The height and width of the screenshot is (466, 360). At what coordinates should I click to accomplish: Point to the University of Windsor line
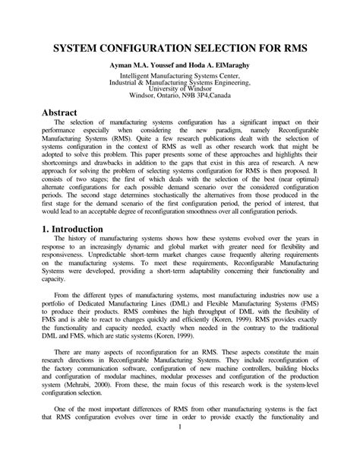tap(179, 95)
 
